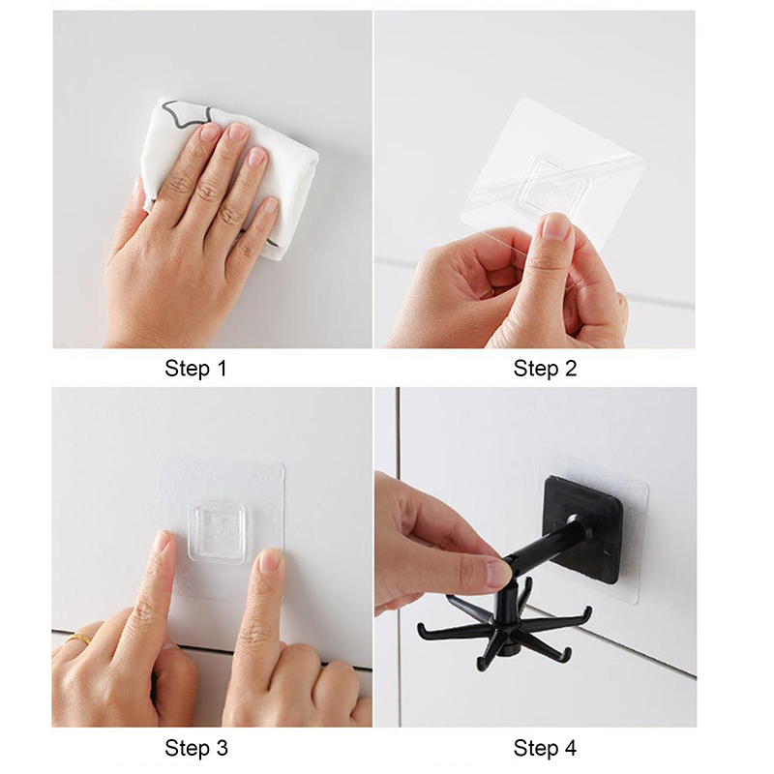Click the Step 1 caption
(x=195, y=369)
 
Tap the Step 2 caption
(x=545, y=369)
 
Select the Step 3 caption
(x=196, y=748)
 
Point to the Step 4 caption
(x=545, y=748)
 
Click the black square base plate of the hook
(x=582, y=528)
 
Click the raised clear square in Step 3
(x=217, y=531)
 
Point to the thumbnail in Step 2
(x=558, y=229)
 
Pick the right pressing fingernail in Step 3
(x=270, y=560)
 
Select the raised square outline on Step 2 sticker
(x=553, y=182)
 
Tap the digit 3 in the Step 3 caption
(x=222, y=747)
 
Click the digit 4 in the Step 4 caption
(x=570, y=747)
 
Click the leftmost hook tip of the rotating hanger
(x=421, y=628)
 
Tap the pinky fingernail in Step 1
(x=270, y=205)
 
